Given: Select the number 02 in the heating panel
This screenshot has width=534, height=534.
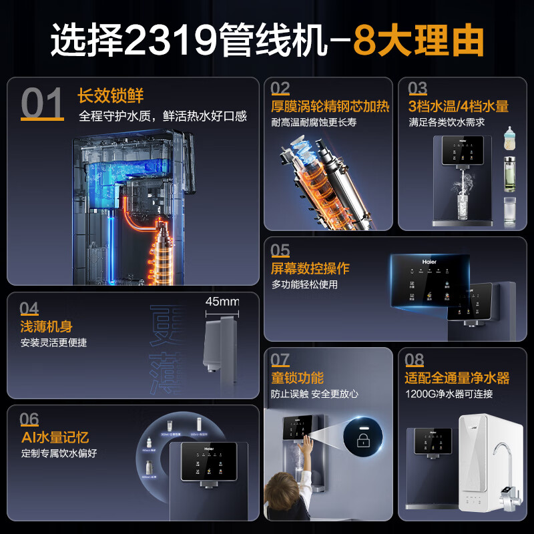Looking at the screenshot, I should [280, 89].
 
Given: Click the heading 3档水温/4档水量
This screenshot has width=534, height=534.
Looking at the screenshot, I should [459, 106].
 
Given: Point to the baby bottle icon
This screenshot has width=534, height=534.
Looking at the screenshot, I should [510, 141].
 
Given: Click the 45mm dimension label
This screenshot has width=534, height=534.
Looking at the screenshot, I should [222, 302].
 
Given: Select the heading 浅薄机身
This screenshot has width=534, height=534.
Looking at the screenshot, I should [46, 326].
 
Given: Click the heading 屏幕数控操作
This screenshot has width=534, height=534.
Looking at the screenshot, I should [310, 268].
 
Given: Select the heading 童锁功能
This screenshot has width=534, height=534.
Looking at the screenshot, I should [297, 378].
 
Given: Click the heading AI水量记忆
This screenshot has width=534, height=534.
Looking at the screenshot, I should [54, 437].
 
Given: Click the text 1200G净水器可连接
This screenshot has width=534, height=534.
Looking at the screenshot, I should [449, 394].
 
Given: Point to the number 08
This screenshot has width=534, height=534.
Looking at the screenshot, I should [414, 360].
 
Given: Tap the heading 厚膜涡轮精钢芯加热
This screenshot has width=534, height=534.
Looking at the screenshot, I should [330, 107].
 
